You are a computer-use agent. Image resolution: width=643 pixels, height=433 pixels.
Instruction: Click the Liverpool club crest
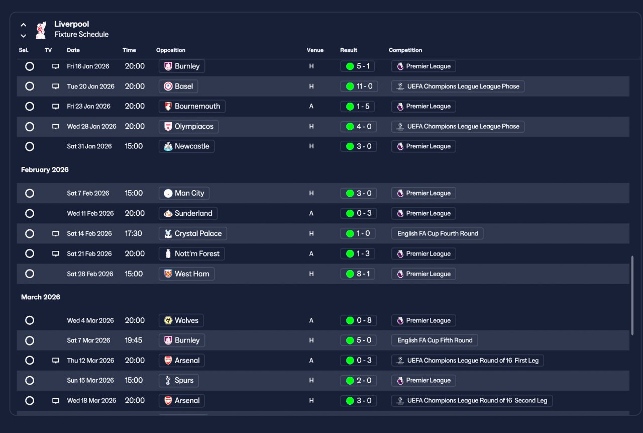tap(41, 30)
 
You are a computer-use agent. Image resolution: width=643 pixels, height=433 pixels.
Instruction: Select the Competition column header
tap(405, 50)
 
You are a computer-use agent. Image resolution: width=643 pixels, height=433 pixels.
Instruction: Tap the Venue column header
tap(315, 50)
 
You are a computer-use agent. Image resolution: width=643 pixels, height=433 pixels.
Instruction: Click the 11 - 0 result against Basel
tap(359, 86)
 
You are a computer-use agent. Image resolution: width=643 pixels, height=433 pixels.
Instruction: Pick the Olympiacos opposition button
tap(188, 126)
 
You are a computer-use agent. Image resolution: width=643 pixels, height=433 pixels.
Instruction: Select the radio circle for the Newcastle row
tap(30, 146)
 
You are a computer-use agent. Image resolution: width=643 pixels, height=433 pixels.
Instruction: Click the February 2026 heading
tap(45, 169)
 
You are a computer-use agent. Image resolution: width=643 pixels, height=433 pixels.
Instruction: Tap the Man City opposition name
tap(189, 193)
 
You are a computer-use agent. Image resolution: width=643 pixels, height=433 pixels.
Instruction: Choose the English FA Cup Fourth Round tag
tap(437, 233)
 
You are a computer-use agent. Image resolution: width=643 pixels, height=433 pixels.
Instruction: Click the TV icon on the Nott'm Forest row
tap(56, 253)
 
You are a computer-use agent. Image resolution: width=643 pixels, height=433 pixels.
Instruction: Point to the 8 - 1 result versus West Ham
tap(358, 274)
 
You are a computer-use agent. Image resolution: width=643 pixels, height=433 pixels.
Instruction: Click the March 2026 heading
tap(41, 297)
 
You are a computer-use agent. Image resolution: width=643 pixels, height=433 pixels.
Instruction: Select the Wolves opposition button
tap(181, 320)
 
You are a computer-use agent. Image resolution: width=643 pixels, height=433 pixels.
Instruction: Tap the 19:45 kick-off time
tap(134, 340)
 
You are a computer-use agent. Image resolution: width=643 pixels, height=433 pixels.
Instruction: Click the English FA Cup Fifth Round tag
tap(435, 340)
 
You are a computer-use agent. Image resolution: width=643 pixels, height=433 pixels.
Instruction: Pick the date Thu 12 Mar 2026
tap(90, 360)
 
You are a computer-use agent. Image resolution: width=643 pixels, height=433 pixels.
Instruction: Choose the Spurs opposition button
tap(178, 380)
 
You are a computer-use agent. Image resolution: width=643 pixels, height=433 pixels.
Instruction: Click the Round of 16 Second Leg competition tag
tap(472, 400)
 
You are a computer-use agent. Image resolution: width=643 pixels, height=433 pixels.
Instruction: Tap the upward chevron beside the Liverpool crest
tap(24, 25)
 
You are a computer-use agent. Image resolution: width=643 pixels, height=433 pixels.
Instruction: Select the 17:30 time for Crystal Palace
tap(133, 233)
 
